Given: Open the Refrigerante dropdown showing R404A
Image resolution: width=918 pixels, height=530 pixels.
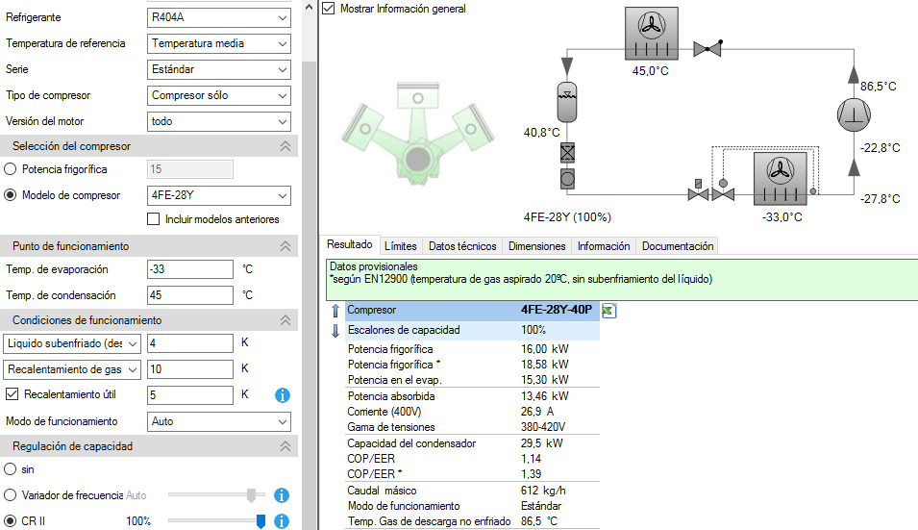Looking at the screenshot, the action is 219,17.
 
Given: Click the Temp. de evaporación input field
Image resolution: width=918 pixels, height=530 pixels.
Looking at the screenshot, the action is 190,269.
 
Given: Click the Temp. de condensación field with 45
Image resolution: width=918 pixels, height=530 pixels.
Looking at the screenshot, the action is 190,295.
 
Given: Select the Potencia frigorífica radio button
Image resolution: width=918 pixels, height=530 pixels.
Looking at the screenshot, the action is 10,169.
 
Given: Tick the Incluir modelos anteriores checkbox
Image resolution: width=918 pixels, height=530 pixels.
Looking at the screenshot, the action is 154,219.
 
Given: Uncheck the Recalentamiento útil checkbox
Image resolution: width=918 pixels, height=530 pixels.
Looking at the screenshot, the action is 12,394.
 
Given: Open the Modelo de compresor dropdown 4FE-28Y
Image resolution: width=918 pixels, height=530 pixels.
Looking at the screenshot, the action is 219,195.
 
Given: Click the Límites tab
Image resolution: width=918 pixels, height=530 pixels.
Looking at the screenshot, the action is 401,246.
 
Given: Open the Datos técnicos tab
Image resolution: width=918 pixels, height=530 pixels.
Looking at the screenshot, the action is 462,246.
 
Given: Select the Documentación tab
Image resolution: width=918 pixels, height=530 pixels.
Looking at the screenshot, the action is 678,246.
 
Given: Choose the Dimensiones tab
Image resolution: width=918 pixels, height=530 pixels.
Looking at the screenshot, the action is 537,246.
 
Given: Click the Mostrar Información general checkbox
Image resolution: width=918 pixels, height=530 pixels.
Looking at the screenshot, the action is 329,9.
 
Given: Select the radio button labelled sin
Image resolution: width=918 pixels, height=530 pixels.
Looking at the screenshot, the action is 10,469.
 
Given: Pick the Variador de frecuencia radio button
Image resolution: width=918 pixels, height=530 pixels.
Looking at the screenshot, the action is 10,494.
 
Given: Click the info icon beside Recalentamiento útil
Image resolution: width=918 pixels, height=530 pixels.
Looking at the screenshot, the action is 283,395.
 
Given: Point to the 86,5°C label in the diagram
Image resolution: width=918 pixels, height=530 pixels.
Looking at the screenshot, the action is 879,86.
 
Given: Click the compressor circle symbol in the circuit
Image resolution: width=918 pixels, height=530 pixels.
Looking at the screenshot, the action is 854,114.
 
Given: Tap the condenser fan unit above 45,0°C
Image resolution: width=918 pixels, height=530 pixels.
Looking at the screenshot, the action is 652,34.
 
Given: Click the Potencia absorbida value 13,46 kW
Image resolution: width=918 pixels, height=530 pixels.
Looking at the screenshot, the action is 544,396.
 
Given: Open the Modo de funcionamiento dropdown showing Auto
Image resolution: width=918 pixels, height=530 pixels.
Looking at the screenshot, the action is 219,421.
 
